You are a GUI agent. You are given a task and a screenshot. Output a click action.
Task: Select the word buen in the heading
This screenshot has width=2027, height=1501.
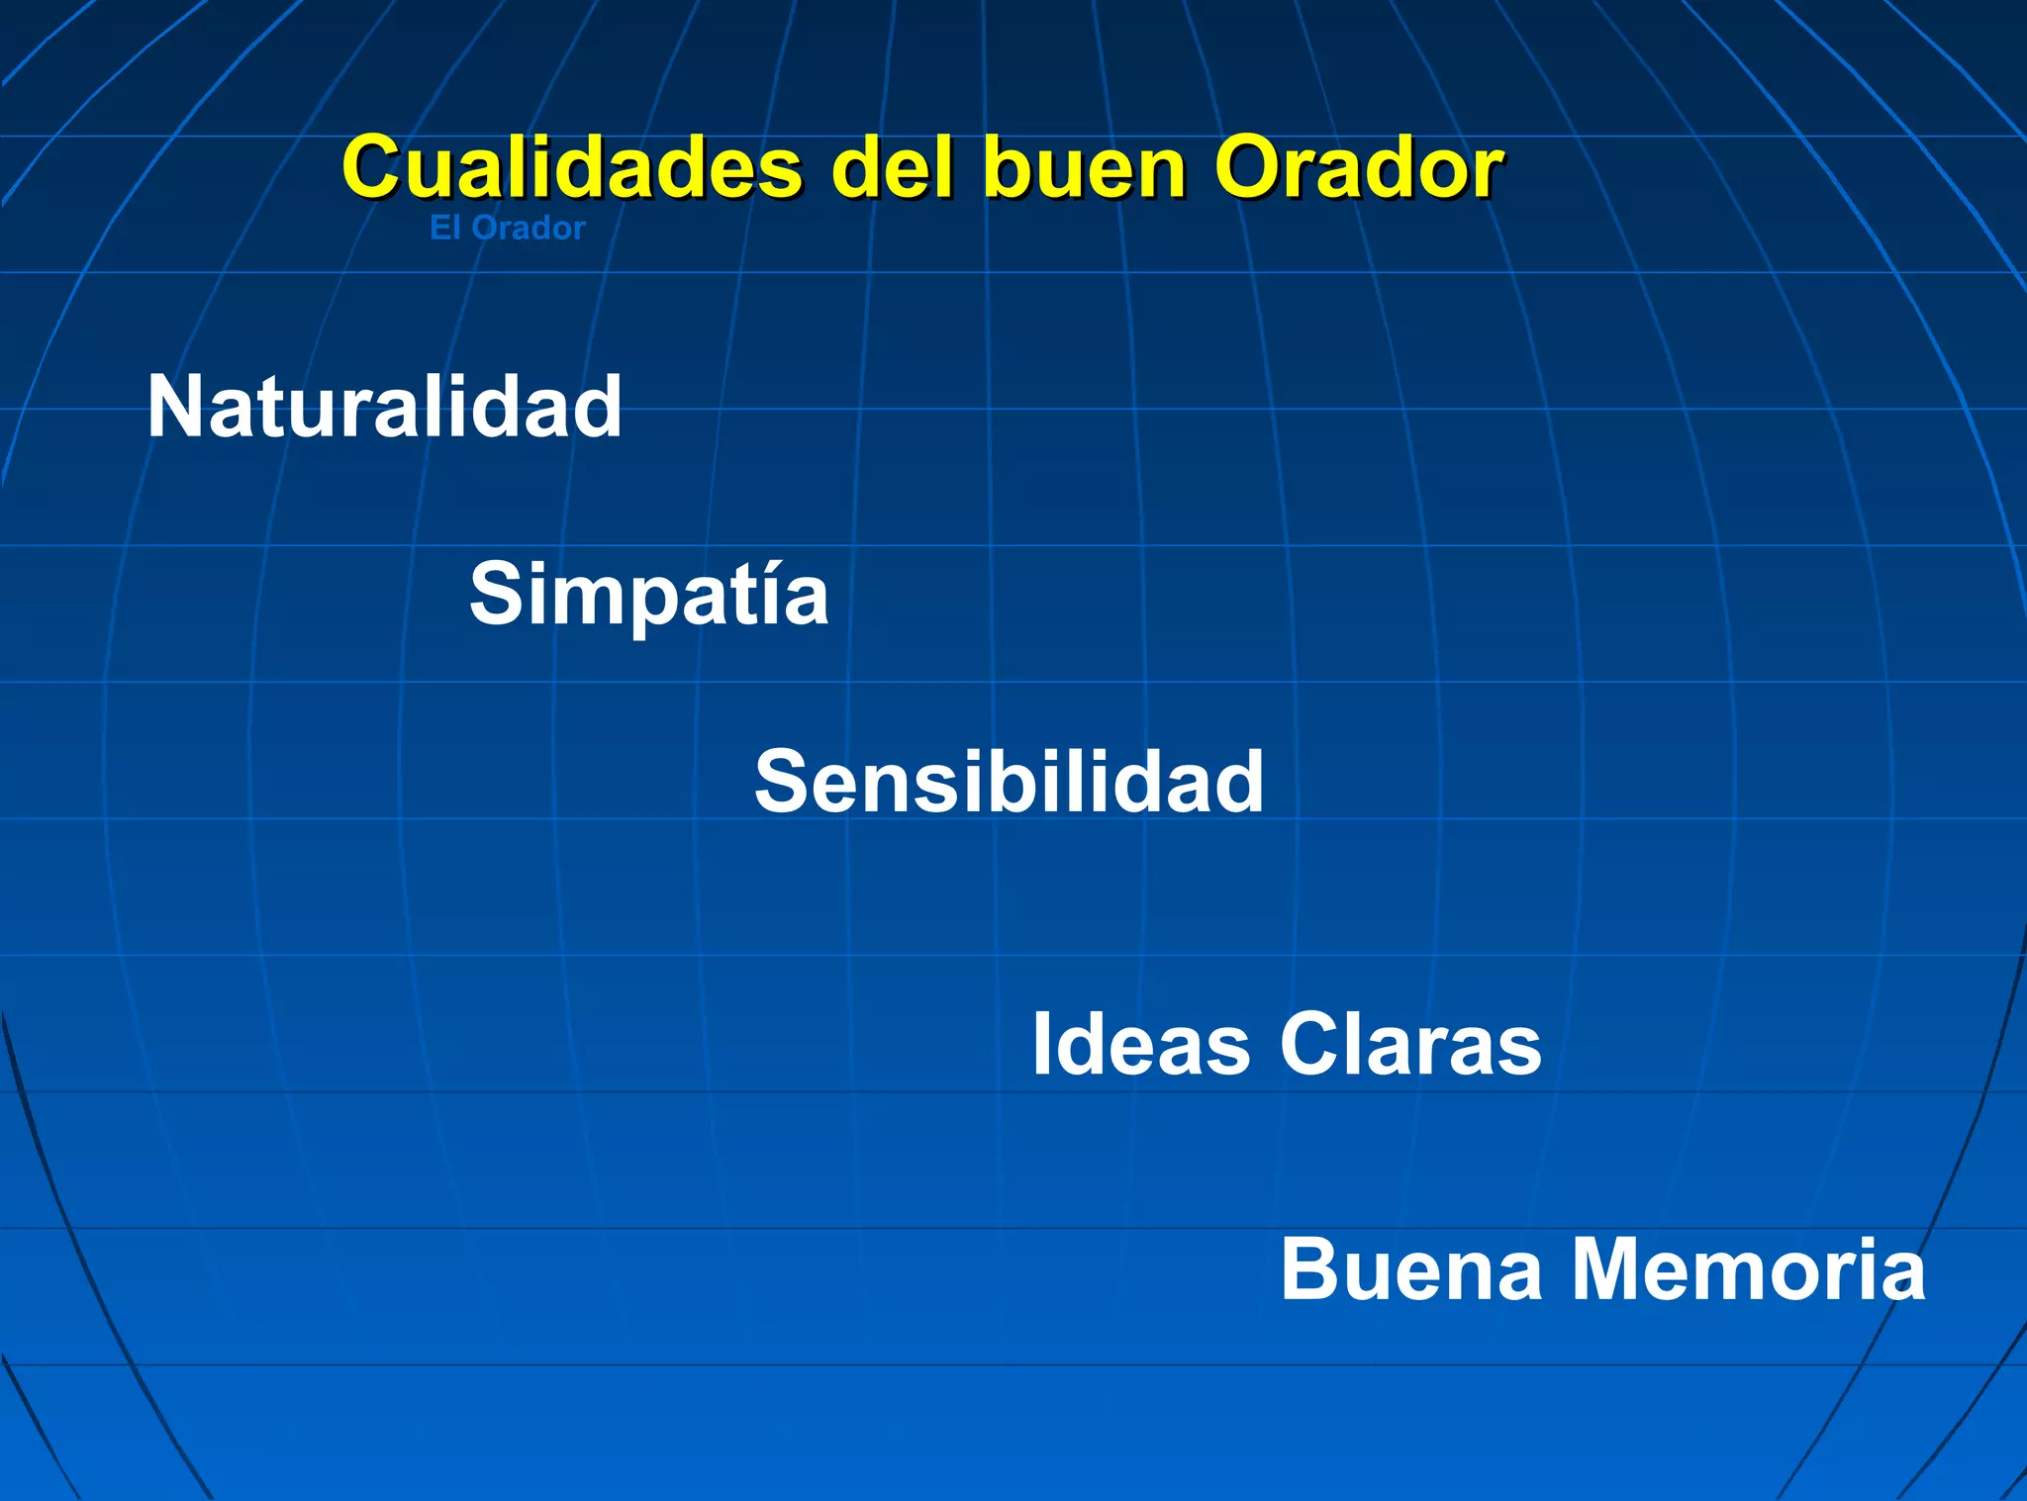click(1084, 168)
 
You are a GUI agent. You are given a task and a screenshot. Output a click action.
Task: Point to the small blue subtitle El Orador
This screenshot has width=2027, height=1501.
click(507, 229)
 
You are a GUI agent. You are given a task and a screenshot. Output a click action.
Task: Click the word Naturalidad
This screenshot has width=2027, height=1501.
click(384, 407)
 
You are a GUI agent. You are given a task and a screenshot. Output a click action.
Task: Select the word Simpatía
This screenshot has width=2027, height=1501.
click(648, 594)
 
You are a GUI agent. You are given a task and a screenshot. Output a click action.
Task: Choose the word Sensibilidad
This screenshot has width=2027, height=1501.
click(1009, 782)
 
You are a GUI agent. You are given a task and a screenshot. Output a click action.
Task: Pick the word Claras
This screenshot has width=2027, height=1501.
click(1410, 1044)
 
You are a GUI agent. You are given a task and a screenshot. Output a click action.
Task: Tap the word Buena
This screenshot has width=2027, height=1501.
click(1411, 1269)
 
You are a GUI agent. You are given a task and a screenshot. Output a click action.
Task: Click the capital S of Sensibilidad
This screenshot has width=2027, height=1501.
click(782, 782)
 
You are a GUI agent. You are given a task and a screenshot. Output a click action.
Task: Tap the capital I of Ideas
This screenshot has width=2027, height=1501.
click(1041, 1044)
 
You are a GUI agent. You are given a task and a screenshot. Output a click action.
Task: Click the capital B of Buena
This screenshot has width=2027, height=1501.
click(1311, 1269)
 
